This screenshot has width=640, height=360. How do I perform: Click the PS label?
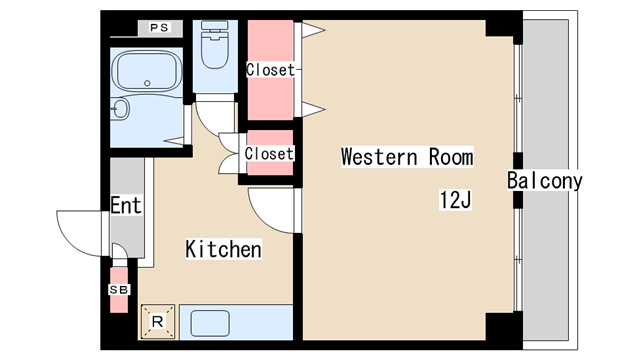[x=159, y=28]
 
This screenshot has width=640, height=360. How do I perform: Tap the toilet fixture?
[x=214, y=45]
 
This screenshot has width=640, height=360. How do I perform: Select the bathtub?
[x=147, y=70]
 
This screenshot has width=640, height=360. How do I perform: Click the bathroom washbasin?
[x=120, y=109]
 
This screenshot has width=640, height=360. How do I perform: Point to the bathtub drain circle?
[x=147, y=83]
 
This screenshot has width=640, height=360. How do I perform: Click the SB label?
[x=119, y=289]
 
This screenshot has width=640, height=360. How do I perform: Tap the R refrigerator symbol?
[x=158, y=322]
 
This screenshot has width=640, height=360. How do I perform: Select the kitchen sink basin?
[x=210, y=323]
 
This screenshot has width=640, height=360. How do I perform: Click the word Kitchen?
[x=223, y=249]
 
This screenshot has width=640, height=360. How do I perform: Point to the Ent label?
[x=126, y=205]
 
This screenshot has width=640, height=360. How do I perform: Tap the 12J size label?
[x=455, y=200]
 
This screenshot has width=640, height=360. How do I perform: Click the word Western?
[x=379, y=157]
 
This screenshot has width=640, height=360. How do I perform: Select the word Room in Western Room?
[x=451, y=157]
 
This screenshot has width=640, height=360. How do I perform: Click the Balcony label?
[x=544, y=180]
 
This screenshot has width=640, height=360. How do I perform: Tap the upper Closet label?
[x=270, y=70]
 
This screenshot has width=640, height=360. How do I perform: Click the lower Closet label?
[x=269, y=153]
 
